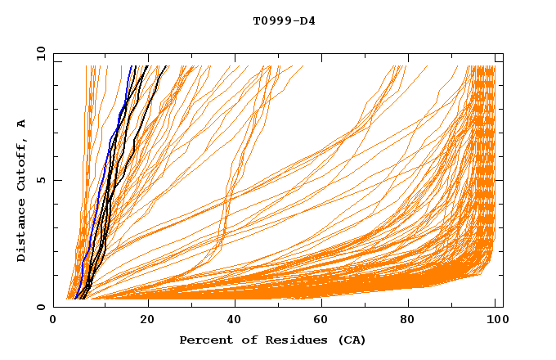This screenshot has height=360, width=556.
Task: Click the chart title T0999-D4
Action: [x=284, y=21]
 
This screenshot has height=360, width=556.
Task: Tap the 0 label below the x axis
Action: [x=54, y=320]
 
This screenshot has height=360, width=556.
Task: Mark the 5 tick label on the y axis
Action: [x=41, y=180]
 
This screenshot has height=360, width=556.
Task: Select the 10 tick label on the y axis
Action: [x=38, y=54]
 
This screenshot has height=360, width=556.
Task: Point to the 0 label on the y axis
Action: [x=41, y=307]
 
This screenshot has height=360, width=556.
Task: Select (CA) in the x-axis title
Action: [x=352, y=340]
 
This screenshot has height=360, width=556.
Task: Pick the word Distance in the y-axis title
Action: [x=21, y=233]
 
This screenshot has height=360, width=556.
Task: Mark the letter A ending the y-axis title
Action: [x=21, y=123]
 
